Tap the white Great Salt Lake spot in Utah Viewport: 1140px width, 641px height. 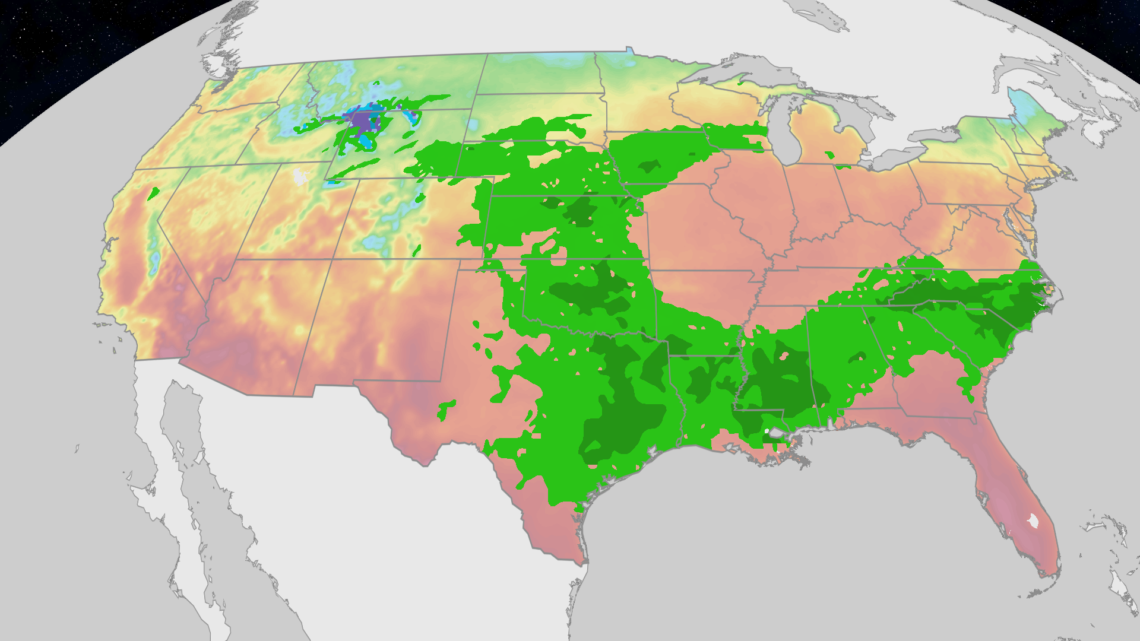click(300, 176)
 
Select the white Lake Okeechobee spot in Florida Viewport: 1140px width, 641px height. click(1034, 521)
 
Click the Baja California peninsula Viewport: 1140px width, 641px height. click(178, 451)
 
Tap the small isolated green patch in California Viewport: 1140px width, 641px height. click(153, 193)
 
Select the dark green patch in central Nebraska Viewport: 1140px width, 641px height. click(579, 211)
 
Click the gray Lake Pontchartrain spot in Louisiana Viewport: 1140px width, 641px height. click(775, 433)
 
